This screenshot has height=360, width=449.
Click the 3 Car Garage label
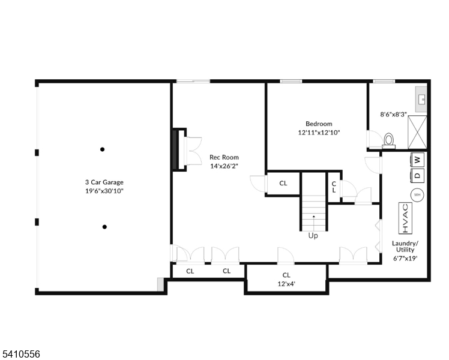[x=104, y=182]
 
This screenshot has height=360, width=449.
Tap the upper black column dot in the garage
[x=102, y=149]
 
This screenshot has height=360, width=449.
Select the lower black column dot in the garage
[x=104, y=227]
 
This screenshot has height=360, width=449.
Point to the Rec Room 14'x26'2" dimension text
[x=224, y=166]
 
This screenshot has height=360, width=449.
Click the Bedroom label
[x=319, y=124]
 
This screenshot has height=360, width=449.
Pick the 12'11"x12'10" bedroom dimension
[x=319, y=133]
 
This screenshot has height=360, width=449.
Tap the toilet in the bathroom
[x=388, y=141]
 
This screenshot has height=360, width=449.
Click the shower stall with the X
[x=417, y=132]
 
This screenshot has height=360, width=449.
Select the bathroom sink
[x=421, y=100]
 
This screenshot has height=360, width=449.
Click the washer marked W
[x=418, y=160]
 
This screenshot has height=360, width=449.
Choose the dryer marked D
[x=418, y=175]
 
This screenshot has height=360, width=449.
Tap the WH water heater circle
[x=417, y=195]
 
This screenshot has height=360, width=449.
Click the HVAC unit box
[x=405, y=218]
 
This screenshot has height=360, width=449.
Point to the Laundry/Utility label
[x=405, y=247]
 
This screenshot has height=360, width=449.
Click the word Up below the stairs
[x=313, y=236]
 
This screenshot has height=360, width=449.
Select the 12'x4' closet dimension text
[x=286, y=284]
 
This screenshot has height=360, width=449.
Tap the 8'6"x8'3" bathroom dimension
[x=393, y=115]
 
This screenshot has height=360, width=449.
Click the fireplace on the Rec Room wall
[x=179, y=149]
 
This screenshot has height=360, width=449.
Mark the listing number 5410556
[x=20, y=354]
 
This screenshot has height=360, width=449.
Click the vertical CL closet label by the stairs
[x=334, y=187]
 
